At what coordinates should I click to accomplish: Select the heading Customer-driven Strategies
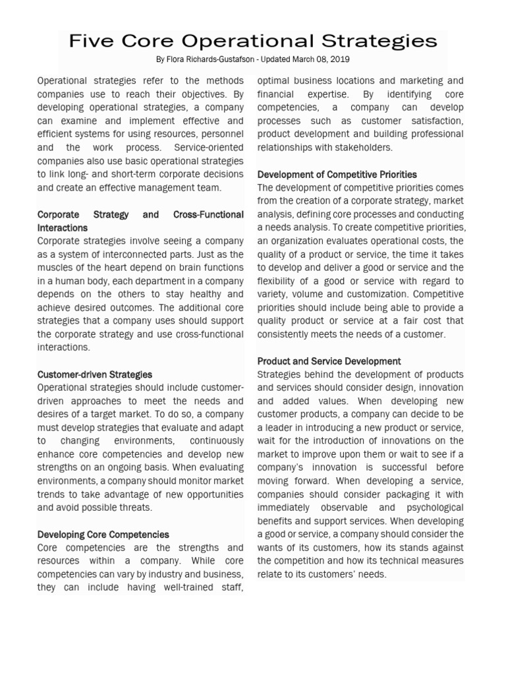[x=95, y=374]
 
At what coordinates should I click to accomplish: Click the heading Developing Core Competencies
[x=103, y=535]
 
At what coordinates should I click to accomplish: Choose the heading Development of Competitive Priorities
[x=337, y=175]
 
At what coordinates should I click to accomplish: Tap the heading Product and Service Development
[x=329, y=361]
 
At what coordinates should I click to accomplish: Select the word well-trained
[x=173, y=588]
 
